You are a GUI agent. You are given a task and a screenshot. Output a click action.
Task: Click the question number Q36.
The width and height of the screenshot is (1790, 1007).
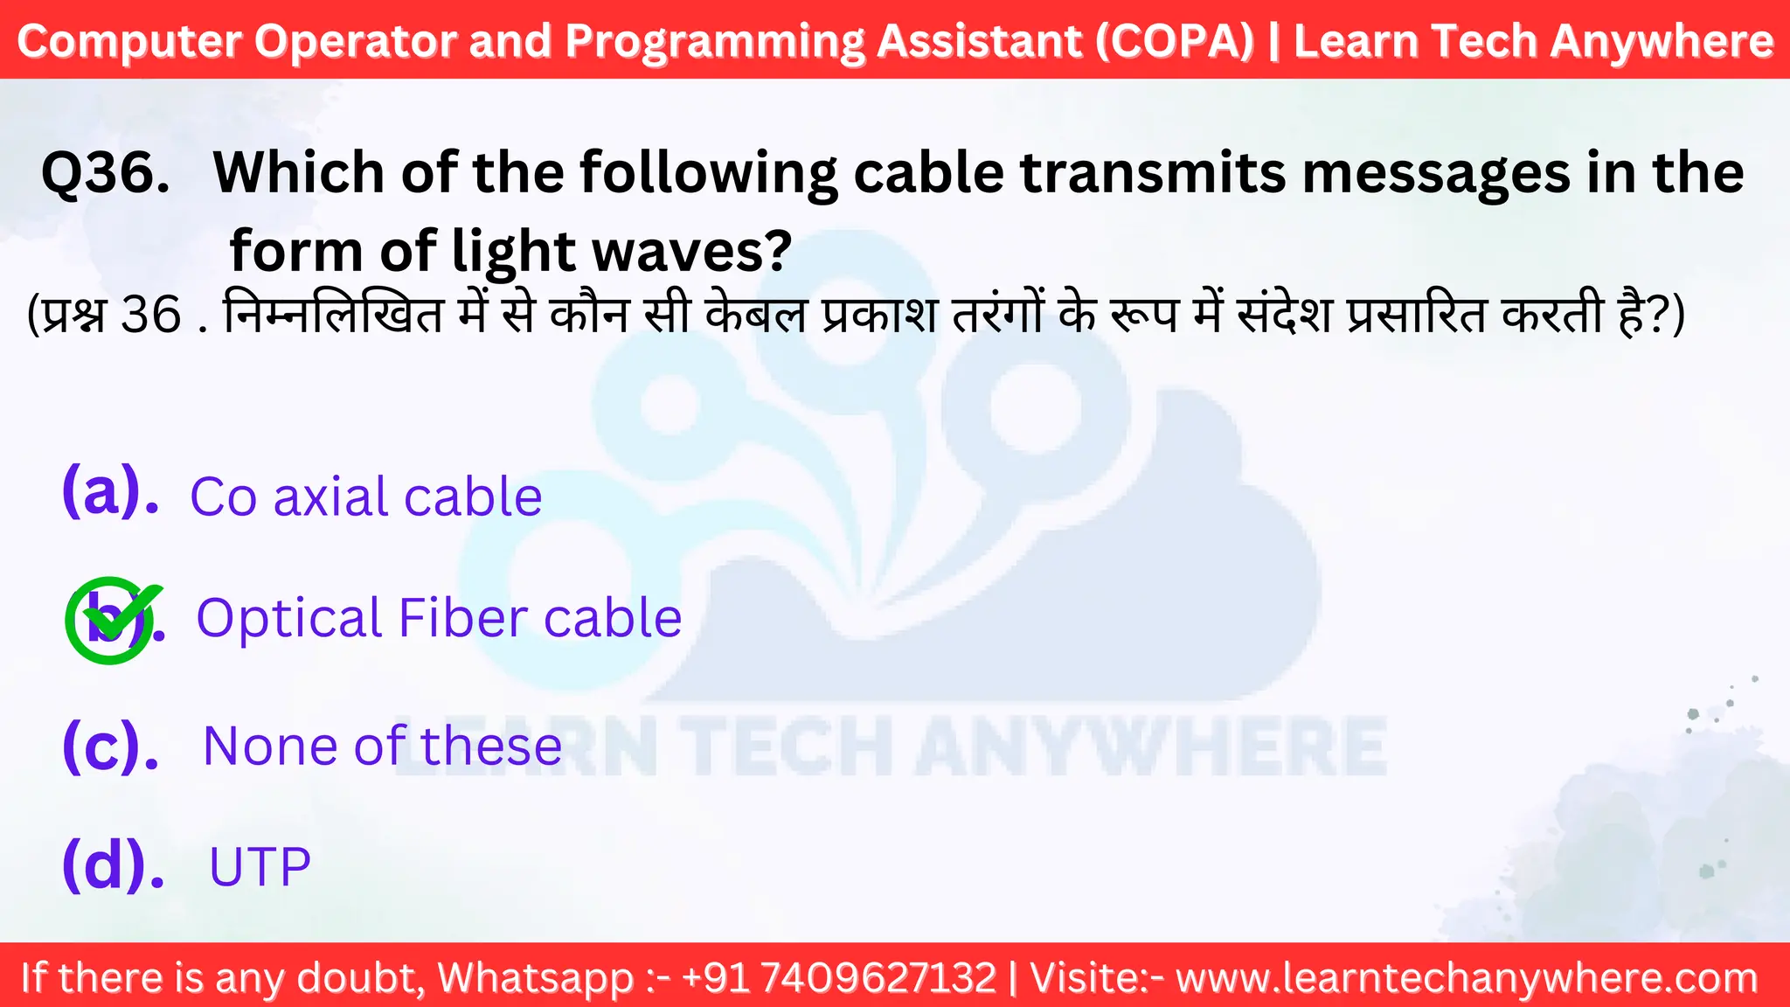pos(105,173)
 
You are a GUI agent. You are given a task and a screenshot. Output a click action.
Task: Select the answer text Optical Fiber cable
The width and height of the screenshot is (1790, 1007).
pos(439,619)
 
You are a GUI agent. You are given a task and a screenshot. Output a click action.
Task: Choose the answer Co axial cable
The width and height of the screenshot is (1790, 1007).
pos(366,497)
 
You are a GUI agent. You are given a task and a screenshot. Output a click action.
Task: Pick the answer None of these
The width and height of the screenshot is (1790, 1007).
pos(382,747)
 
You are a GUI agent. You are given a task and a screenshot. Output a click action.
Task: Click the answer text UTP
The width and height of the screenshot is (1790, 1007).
pos(260,867)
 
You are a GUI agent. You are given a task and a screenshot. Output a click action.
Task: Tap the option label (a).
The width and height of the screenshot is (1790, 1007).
pos(110,492)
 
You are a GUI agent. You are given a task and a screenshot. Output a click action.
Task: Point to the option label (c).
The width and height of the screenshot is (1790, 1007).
pos(110,747)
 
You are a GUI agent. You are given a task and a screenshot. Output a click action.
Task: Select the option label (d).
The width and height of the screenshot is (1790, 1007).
pos(113,865)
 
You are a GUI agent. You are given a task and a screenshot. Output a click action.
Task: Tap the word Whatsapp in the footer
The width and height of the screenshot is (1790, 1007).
pos(535,977)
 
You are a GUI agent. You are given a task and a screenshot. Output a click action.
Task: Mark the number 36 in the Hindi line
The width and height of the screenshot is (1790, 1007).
pos(150,316)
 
